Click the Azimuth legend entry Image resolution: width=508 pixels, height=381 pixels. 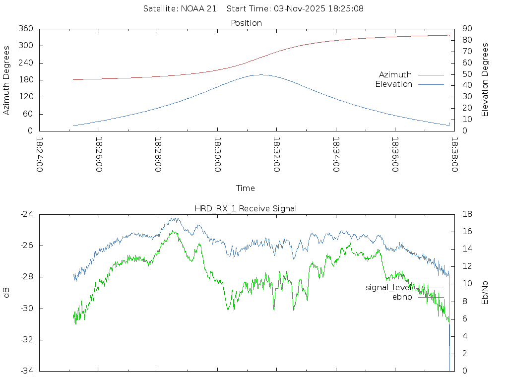[x=395, y=74]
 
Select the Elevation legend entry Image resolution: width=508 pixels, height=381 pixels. [x=393, y=84]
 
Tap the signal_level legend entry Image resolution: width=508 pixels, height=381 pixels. [x=388, y=288]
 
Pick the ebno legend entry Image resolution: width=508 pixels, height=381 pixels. [x=402, y=297]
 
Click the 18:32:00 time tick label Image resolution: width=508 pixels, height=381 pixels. [x=276, y=155]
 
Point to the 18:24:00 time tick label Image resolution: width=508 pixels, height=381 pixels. [x=39, y=155]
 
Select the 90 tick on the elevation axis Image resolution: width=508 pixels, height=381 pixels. [x=466, y=29]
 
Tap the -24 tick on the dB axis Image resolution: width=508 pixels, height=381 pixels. [x=27, y=214]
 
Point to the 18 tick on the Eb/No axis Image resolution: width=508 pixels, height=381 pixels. [x=467, y=214]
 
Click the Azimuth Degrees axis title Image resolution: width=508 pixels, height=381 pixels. [x=7, y=80]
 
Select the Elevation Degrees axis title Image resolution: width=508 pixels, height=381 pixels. [x=485, y=80]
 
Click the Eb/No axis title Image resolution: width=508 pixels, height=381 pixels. [x=485, y=293]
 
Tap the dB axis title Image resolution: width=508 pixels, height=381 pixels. [x=7, y=293]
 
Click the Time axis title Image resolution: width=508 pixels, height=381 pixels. [x=246, y=189]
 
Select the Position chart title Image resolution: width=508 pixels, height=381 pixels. [x=247, y=23]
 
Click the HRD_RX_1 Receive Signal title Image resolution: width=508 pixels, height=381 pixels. [x=246, y=209]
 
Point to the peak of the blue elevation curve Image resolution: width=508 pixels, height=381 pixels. [x=261, y=75]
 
